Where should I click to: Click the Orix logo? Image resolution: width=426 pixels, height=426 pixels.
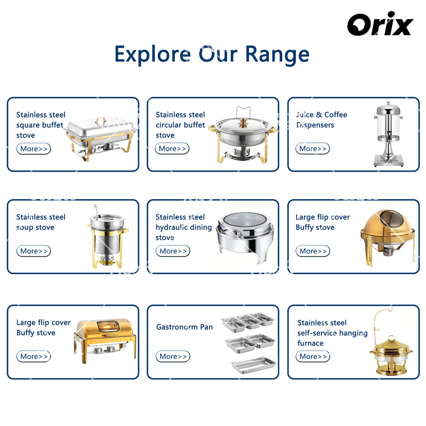380,24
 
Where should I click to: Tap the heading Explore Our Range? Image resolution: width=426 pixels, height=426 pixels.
212,54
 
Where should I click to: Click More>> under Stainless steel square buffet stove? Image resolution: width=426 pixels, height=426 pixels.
34,149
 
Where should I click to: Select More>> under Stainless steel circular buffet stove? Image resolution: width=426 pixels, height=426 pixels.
172,149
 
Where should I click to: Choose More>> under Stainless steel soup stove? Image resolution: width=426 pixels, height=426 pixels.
34,251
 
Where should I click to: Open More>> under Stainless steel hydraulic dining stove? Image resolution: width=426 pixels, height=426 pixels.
173,251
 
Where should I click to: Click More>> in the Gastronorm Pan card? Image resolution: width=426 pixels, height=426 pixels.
173,356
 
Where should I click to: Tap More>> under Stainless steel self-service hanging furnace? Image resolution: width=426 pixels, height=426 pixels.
313,356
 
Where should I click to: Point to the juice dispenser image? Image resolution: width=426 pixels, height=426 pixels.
388,134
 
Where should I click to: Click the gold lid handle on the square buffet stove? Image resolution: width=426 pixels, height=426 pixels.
101,121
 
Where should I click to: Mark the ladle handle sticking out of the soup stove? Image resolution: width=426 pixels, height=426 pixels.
96,210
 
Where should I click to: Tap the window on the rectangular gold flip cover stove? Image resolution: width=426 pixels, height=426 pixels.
108,326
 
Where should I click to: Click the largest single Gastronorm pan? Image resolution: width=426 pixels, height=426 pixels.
253,365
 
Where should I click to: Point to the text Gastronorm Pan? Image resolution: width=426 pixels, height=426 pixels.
185,327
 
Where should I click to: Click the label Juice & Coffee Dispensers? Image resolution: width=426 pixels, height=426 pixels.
321,120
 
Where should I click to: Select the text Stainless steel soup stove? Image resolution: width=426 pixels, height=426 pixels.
41,222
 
